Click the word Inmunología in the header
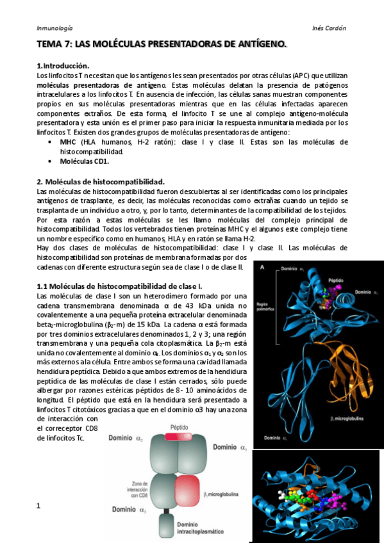54,28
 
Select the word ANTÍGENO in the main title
253,44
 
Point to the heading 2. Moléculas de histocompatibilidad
101,181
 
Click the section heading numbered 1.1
120,285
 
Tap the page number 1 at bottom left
39,506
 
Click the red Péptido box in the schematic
179,435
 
